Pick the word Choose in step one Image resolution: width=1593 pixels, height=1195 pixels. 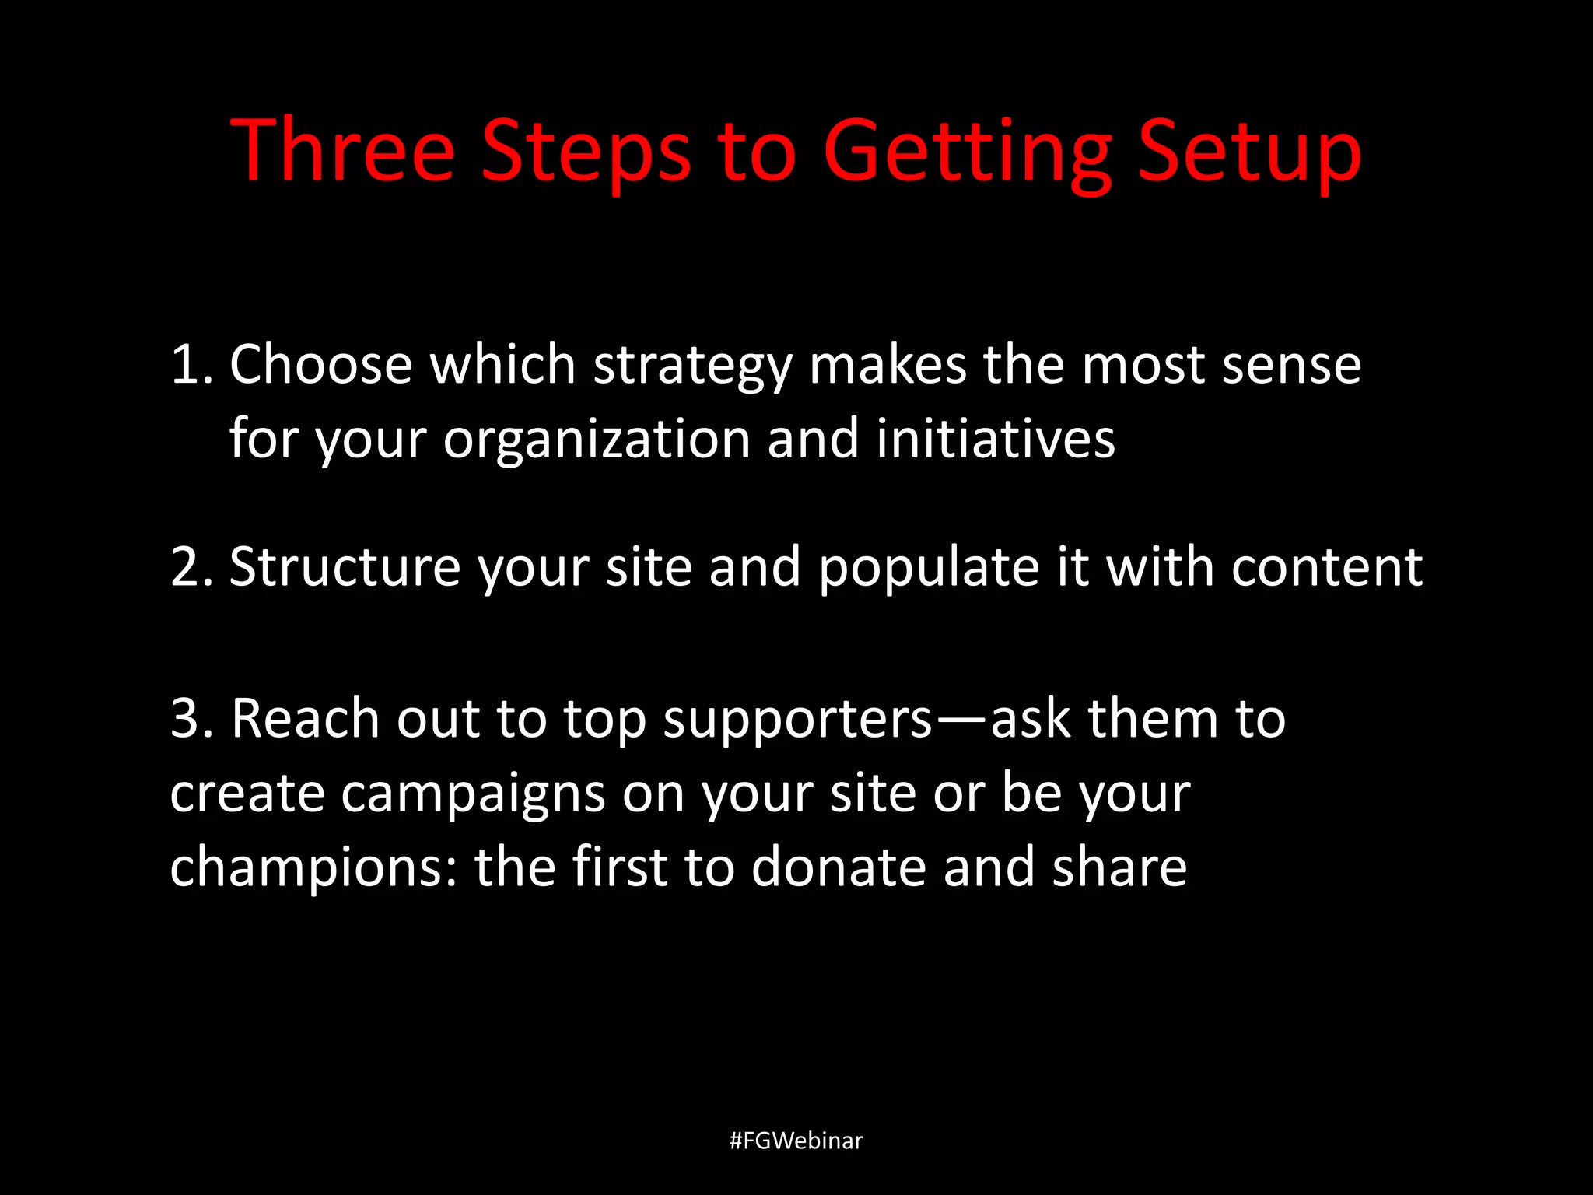pyautogui.click(x=320, y=364)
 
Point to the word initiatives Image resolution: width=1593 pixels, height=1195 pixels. pyautogui.click(x=996, y=439)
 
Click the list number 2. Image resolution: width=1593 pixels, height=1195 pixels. pyautogui.click(x=191, y=566)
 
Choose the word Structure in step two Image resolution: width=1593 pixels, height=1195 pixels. pyautogui.click(x=345, y=566)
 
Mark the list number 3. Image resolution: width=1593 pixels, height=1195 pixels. pyautogui.click(x=191, y=717)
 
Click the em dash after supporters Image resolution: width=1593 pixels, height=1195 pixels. pyautogui.click(x=961, y=719)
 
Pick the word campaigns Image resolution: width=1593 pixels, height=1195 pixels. pyautogui.click(x=473, y=794)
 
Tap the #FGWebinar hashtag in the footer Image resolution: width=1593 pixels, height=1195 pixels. pyautogui.click(x=796, y=1141)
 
